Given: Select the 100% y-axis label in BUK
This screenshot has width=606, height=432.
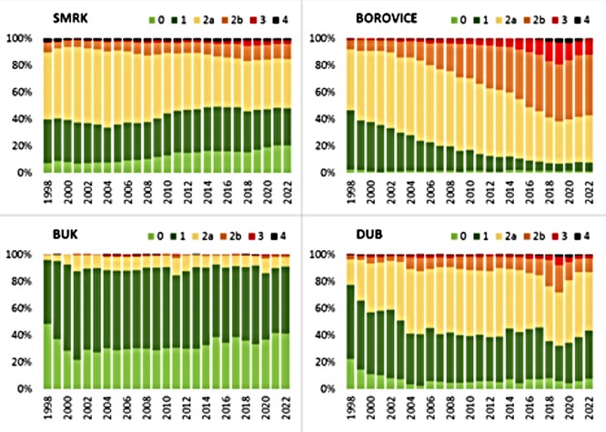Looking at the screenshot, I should pos(19,255).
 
